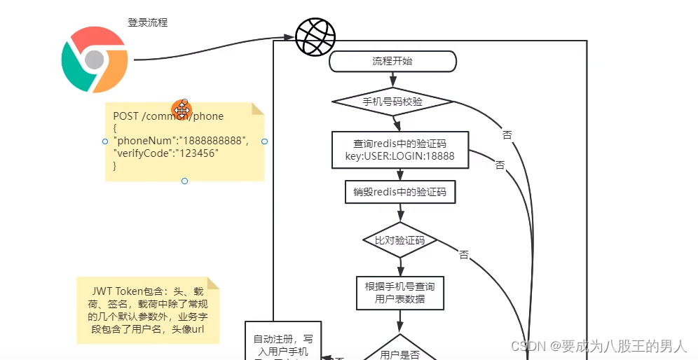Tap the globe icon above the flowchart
pos(315,36)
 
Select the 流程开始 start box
pos(392,62)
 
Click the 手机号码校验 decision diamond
pos(392,102)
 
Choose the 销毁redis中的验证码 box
pos(400,191)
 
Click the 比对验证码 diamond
pos(400,240)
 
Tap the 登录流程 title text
pos(147,22)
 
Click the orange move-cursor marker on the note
pos(182,110)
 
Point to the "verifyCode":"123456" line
pos(166,153)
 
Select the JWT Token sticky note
pos(148,310)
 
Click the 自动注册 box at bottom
pos(280,343)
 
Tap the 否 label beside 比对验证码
pos(464,255)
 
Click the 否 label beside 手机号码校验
pos(507,133)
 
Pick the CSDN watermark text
pos(598,346)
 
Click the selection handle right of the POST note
pos(264,141)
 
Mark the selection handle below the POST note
pos(184,181)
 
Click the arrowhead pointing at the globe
pos(289,37)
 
